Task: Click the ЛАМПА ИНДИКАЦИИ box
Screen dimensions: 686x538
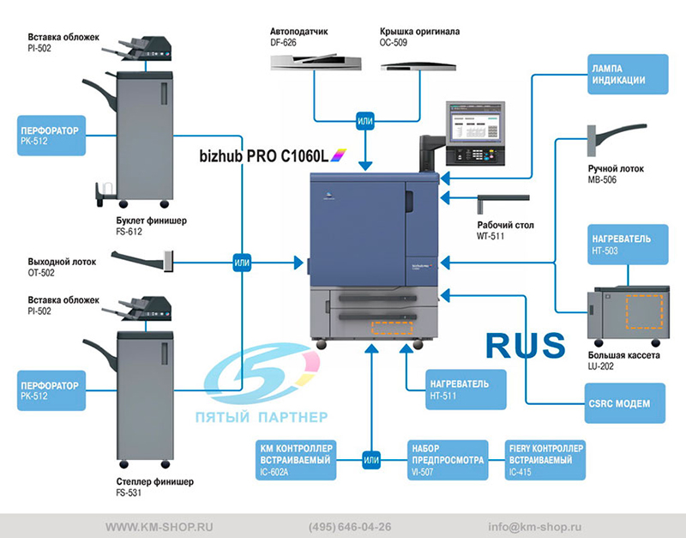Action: click(628, 74)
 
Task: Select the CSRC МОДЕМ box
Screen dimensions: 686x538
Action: click(625, 403)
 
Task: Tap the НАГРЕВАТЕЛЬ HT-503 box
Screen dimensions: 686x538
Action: click(628, 245)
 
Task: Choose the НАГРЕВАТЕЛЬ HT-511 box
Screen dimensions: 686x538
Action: click(466, 390)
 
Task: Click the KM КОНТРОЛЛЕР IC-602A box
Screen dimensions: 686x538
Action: click(296, 460)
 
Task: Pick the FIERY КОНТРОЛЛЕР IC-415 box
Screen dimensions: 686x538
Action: click(545, 460)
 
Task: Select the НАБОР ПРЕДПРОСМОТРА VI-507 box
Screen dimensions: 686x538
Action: click(448, 460)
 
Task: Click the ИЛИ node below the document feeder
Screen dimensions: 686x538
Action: click(365, 121)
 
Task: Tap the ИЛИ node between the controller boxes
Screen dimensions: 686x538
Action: click(371, 460)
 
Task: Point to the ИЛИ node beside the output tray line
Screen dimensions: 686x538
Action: click(242, 263)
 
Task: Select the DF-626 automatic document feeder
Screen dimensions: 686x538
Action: click(316, 62)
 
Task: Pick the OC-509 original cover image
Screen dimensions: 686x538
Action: click(418, 67)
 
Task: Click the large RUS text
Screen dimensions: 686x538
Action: click(526, 346)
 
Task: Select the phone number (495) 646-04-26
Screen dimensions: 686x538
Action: click(350, 527)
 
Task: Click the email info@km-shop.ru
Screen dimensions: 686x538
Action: click(534, 527)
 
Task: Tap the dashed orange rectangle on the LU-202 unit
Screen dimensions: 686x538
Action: click(645, 311)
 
